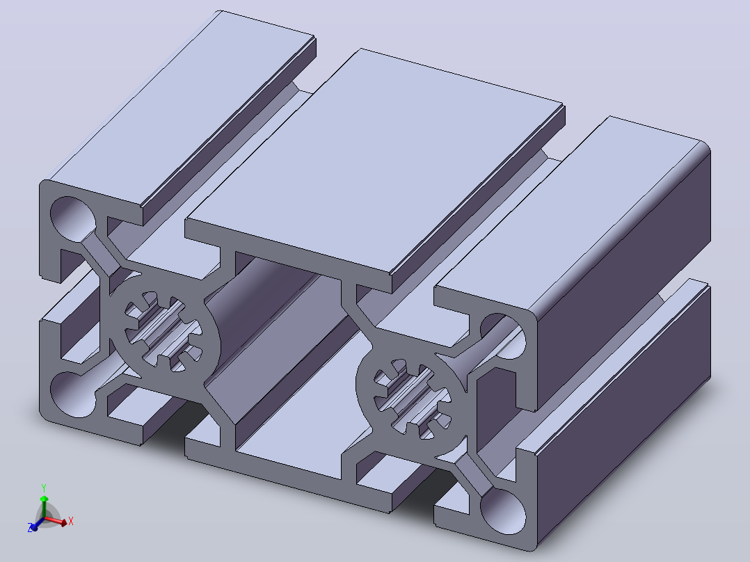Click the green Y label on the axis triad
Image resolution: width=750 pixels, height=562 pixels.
click(44, 488)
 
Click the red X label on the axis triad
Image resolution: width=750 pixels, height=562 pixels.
click(71, 521)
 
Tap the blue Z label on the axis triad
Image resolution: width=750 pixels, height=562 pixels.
click(30, 528)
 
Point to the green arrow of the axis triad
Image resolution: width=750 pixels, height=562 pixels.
click(44, 506)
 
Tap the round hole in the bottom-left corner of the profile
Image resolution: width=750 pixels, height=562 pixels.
click(72, 394)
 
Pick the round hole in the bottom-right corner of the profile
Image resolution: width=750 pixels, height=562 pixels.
click(503, 511)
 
